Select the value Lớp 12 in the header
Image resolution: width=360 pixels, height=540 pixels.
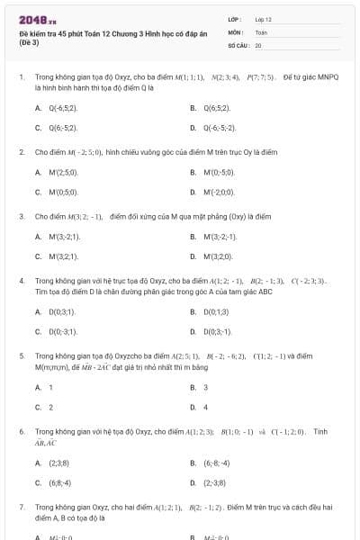[263, 18]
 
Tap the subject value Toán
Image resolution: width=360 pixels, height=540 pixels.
[261, 31]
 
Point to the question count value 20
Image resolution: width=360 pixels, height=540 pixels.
[258, 44]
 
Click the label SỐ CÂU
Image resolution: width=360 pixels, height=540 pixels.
[238, 44]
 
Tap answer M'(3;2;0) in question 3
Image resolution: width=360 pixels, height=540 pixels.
[218, 256]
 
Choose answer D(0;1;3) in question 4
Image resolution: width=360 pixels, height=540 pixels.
[217, 311]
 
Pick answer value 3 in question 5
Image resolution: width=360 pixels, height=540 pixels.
[206, 387]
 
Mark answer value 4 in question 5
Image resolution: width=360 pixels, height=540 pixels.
[206, 407]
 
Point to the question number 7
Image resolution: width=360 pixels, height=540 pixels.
[22, 507]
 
